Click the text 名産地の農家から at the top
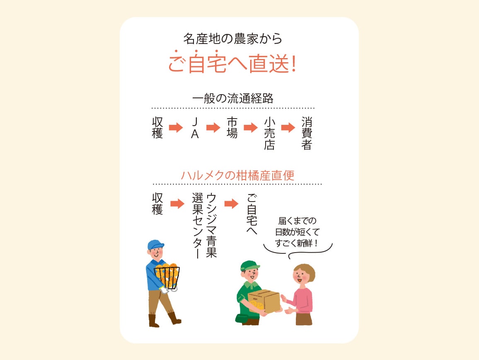232,39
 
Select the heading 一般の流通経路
233,99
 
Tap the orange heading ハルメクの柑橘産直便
237,175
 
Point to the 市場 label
232,128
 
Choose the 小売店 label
269,134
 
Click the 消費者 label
307,134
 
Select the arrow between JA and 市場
213,128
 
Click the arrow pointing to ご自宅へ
231,204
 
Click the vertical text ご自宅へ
252,214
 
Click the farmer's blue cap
155,245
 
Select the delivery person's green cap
249,265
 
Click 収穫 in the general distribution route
157,128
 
